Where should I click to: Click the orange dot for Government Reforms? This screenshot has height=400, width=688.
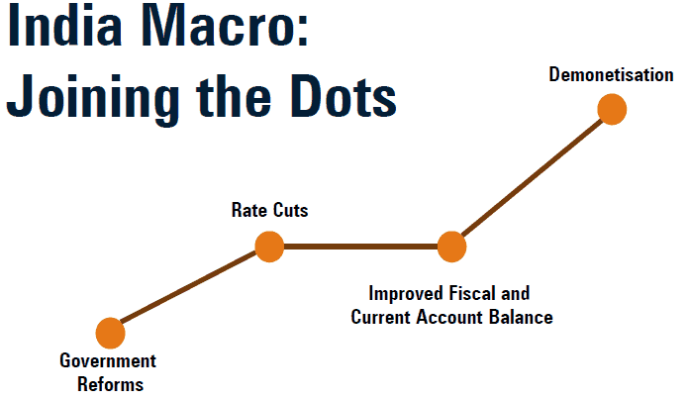(111, 333)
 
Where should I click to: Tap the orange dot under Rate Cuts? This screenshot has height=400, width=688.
(269, 247)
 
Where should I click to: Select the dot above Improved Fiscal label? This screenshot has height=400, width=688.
(451, 247)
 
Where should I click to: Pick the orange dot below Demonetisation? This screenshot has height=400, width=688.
(612, 109)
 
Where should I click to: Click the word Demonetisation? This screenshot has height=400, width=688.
(611, 74)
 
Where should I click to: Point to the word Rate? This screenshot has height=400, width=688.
(247, 210)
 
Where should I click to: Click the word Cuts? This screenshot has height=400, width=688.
(289, 210)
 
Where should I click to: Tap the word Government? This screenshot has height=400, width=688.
(108, 360)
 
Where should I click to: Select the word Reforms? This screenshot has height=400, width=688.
(111, 384)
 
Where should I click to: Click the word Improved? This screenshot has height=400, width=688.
(406, 294)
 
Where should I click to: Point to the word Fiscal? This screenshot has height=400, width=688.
(471, 293)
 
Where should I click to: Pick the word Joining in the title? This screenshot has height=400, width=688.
(93, 99)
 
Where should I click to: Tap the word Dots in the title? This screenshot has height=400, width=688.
(344, 96)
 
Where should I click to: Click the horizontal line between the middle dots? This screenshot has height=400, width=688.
(360, 247)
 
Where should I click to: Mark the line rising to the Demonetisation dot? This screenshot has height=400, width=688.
(532, 177)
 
